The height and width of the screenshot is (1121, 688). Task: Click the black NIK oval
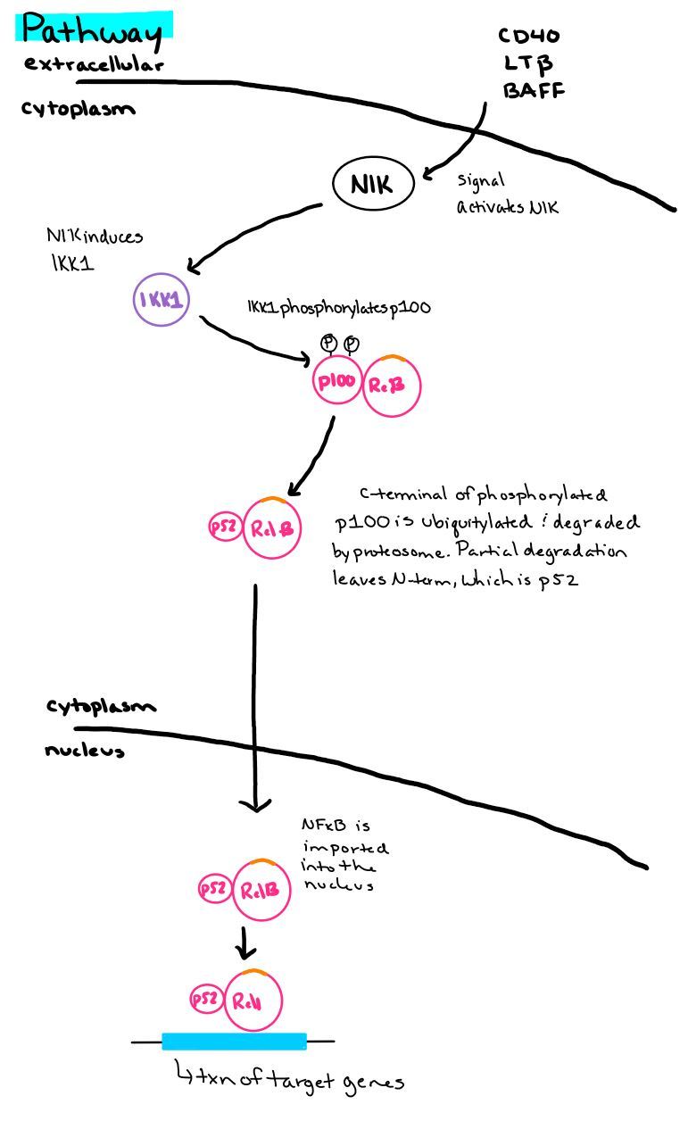click(374, 185)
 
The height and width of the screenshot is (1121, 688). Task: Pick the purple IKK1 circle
click(162, 301)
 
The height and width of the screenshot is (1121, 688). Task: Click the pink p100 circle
click(336, 383)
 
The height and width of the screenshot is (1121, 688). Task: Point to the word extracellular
click(94, 64)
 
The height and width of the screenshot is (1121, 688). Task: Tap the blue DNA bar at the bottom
click(234, 1041)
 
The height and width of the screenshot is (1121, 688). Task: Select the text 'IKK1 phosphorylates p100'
click(339, 307)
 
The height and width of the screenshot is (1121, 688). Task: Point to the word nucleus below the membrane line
click(84, 751)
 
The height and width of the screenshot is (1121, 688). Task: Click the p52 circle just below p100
click(222, 527)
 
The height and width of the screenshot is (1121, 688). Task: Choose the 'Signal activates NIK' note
click(506, 194)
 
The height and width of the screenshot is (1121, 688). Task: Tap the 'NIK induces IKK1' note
click(94, 249)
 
